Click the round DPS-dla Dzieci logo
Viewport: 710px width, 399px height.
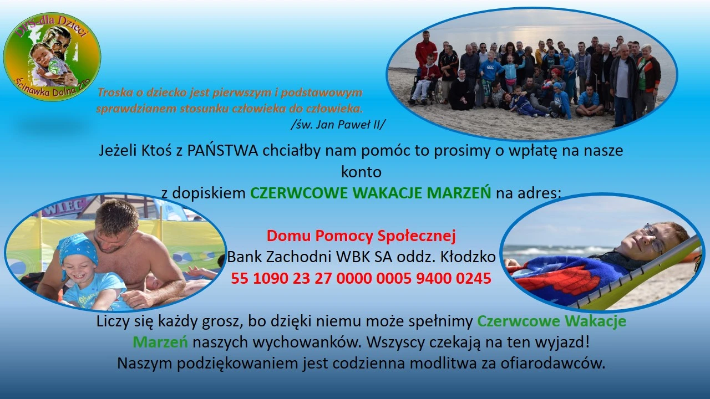[52, 57]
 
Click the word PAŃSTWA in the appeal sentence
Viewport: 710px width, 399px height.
[222, 150]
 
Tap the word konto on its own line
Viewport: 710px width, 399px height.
[361, 172]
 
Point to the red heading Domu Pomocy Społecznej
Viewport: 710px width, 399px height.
[361, 236]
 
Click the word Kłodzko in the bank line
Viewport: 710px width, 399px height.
[468, 257]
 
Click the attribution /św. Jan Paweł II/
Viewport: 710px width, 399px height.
[338, 125]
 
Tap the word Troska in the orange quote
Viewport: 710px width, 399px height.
[117, 93]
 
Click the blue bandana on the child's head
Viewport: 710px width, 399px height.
[78, 248]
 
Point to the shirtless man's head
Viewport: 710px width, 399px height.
[116, 226]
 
